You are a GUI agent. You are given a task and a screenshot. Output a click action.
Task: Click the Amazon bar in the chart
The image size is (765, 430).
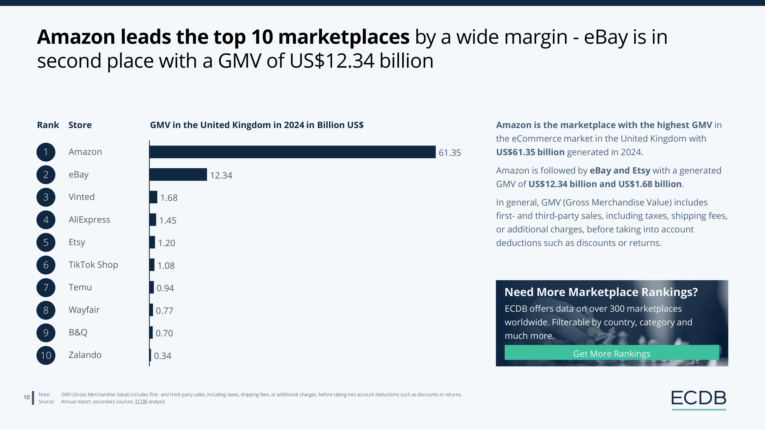coord(293,152)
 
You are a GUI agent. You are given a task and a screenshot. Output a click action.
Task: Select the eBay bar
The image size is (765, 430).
coord(178,174)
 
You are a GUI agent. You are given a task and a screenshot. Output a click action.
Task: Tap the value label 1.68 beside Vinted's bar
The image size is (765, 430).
coord(169,198)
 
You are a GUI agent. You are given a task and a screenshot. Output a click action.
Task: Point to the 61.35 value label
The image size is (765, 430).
coord(450,153)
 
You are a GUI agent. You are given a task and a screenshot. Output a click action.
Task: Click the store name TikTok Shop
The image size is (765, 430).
coord(93,265)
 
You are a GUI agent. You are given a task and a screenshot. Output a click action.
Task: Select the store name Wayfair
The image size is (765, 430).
coord(84,310)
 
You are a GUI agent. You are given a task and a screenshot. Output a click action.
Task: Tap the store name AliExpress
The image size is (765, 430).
coord(89,220)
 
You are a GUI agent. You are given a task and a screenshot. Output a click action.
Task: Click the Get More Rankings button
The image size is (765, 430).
coord(612,353)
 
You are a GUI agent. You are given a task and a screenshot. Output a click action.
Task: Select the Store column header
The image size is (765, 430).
coord(80,125)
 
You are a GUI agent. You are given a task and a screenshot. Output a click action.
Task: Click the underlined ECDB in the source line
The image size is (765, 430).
coord(141,402)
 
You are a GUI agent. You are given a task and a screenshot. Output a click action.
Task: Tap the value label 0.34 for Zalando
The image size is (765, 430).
coord(163,356)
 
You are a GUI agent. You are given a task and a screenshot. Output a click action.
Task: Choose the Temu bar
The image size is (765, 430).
coord(152,287)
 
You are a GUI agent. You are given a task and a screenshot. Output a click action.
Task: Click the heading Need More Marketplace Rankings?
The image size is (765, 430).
coord(601,292)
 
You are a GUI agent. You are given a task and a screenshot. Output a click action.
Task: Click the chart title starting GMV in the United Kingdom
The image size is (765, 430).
coord(257,125)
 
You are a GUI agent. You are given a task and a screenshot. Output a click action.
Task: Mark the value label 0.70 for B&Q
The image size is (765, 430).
coord(164,333)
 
